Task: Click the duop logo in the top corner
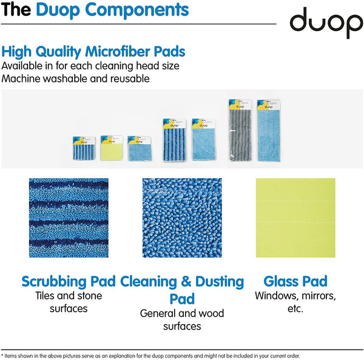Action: pyautogui.click(x=325, y=23)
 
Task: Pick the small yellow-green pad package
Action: pyautogui.click(x=111, y=148)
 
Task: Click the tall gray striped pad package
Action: pyautogui.click(x=240, y=130)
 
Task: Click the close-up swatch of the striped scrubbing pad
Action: pyautogui.click(x=69, y=218)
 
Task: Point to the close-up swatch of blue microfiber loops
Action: pyautogui.click(x=182, y=218)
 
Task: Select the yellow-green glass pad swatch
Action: pyautogui.click(x=295, y=218)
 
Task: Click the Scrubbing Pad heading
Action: pyautogui.click(x=69, y=282)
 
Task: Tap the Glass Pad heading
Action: pyautogui.click(x=295, y=282)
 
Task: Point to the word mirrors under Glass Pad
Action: pyautogui.click(x=315, y=296)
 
